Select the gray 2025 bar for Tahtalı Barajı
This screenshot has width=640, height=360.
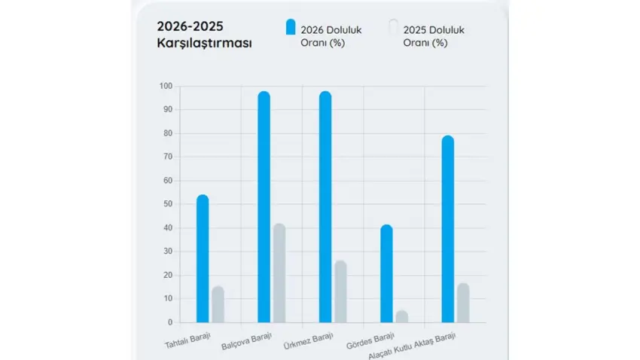[x=218, y=304]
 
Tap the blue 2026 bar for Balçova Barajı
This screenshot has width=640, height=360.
[x=264, y=207]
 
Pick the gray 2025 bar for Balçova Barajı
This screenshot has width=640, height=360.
[x=279, y=273]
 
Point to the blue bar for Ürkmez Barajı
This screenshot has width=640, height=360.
[x=325, y=207]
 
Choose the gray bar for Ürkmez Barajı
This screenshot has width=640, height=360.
[x=340, y=291]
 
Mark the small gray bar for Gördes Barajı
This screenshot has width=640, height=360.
[x=402, y=316]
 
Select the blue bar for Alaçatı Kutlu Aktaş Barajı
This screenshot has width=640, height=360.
[x=448, y=229]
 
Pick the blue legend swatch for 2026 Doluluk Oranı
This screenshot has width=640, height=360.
[x=290, y=28]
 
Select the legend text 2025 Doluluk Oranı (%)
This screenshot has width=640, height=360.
[x=433, y=35]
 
